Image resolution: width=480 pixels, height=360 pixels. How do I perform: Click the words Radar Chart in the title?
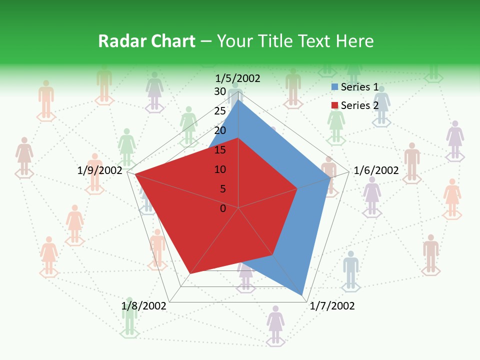(x=146, y=41)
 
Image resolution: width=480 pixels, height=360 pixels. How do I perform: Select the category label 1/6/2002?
(x=376, y=170)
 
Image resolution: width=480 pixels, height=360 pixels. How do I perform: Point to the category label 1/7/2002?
(x=332, y=305)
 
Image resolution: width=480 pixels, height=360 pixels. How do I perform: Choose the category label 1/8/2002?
(x=144, y=305)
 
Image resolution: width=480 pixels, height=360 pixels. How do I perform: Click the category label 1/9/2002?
(x=100, y=170)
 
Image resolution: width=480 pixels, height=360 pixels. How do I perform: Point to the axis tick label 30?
(x=220, y=91)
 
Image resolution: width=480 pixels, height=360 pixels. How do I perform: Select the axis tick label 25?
(x=220, y=111)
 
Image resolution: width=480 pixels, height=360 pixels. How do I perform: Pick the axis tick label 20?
(x=220, y=130)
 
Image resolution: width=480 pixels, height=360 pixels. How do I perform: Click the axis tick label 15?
(x=220, y=150)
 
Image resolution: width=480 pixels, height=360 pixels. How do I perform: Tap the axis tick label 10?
(x=220, y=169)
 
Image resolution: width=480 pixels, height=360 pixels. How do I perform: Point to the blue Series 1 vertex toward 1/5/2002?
(x=238, y=99)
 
